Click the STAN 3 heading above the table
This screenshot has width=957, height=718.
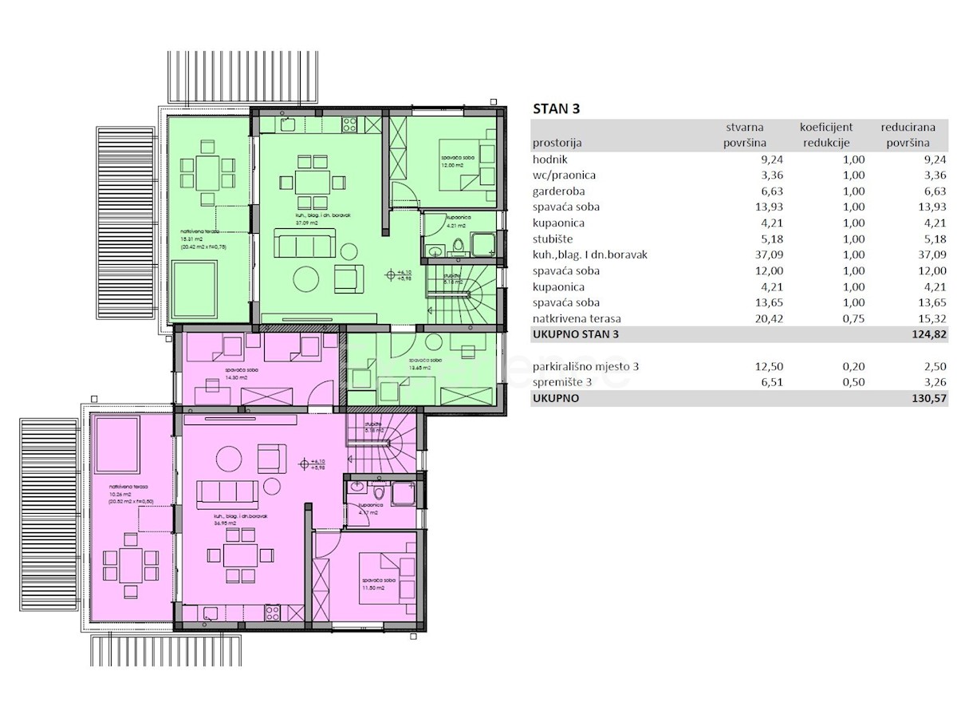coord(556,110)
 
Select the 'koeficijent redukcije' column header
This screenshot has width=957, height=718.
coord(826,135)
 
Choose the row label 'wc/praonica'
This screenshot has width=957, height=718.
coord(565,176)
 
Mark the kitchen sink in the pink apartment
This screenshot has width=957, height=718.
coord(209,613)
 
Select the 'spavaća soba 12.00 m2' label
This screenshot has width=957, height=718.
coord(455,161)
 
